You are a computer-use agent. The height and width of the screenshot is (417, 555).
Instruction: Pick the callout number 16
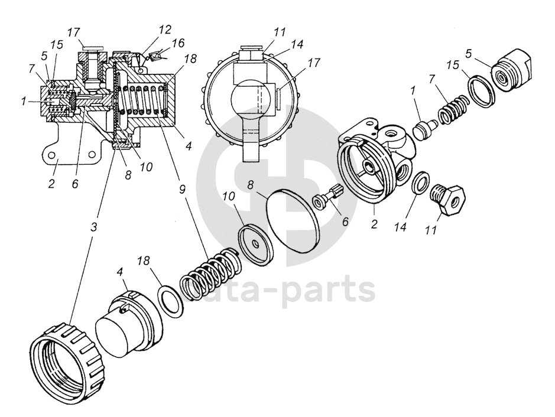coord(178,43)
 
